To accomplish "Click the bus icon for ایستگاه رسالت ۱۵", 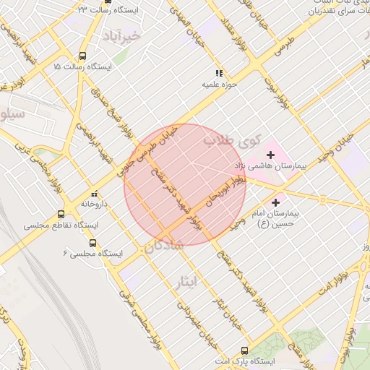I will (83, 55).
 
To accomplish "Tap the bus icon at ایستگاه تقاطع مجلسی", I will (61, 215).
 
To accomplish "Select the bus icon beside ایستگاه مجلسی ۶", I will (92, 243).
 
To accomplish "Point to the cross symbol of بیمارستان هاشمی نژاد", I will (271, 154).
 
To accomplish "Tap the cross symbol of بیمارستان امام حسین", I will (275, 202).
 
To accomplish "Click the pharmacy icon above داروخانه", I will (94, 194).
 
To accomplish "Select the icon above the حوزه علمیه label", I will (219, 73).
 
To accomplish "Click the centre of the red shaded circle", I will (185, 185).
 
